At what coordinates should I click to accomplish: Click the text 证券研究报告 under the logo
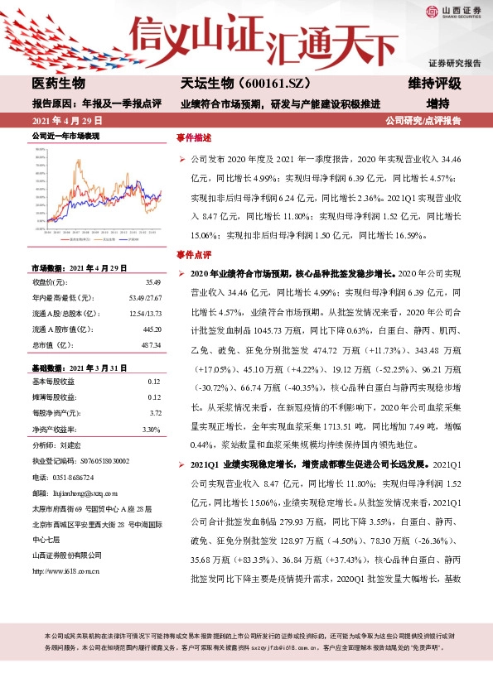point(454,63)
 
